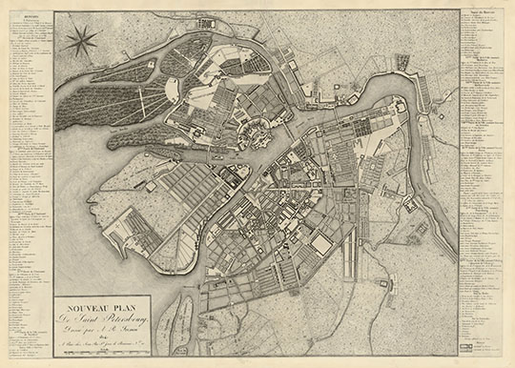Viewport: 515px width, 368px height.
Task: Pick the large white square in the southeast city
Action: tap(324, 245)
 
